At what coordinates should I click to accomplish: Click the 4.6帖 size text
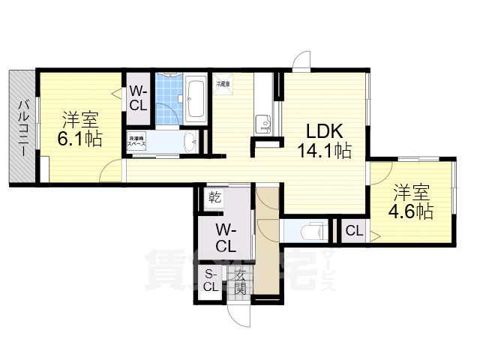point(410,211)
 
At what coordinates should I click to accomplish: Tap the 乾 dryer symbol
point(214,198)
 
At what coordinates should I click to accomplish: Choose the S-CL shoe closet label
point(211,280)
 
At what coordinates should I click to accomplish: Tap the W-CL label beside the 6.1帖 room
point(138,98)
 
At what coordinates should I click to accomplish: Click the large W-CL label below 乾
point(226,236)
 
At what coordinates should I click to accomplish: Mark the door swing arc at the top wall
point(302,60)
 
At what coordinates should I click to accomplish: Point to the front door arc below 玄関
point(239,315)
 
